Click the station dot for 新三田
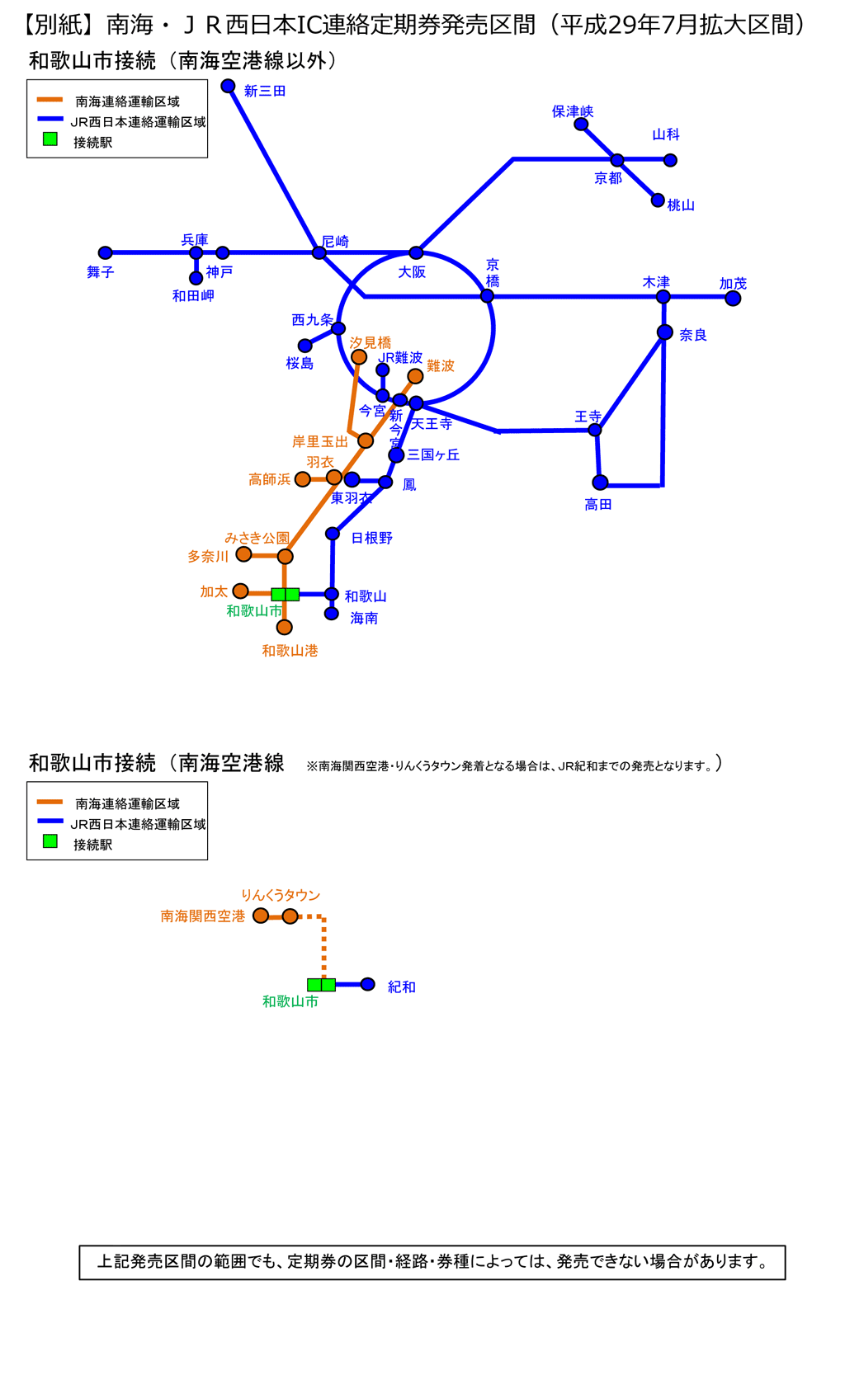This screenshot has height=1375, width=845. (x=229, y=86)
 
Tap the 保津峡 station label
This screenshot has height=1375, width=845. (x=573, y=111)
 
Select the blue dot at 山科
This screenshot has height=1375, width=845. (x=670, y=160)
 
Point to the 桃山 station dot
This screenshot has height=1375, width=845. (x=658, y=200)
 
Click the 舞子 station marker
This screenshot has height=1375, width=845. (x=105, y=252)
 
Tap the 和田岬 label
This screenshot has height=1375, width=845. (x=193, y=295)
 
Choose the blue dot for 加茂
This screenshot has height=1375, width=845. (x=733, y=299)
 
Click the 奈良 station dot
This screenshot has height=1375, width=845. (x=665, y=332)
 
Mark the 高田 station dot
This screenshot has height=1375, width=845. (x=600, y=482)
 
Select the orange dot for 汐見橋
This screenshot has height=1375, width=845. (x=359, y=357)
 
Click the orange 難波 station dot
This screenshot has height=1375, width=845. (x=415, y=376)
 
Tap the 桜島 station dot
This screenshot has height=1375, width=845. (x=305, y=346)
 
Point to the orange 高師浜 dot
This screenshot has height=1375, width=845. (x=303, y=479)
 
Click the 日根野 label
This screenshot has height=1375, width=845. (x=371, y=538)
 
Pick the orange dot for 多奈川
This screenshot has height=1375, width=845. (x=243, y=554)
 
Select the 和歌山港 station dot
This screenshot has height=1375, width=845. (x=285, y=628)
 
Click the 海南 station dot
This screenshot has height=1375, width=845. (x=332, y=614)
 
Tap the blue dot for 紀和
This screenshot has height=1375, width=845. (x=368, y=984)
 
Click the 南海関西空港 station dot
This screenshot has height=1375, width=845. (x=261, y=916)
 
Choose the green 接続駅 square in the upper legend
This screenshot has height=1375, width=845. (x=50, y=139)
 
